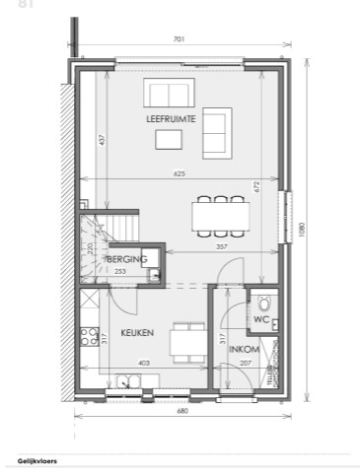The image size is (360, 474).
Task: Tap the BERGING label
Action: (128, 260)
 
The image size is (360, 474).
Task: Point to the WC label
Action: (260, 320)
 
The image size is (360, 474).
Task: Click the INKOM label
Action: (244, 351)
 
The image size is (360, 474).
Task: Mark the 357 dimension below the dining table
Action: (222, 246)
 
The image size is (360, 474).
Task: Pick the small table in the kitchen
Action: (184, 341)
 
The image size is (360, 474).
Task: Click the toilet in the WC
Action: (262, 304)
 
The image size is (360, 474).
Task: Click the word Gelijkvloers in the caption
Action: (37, 460)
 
